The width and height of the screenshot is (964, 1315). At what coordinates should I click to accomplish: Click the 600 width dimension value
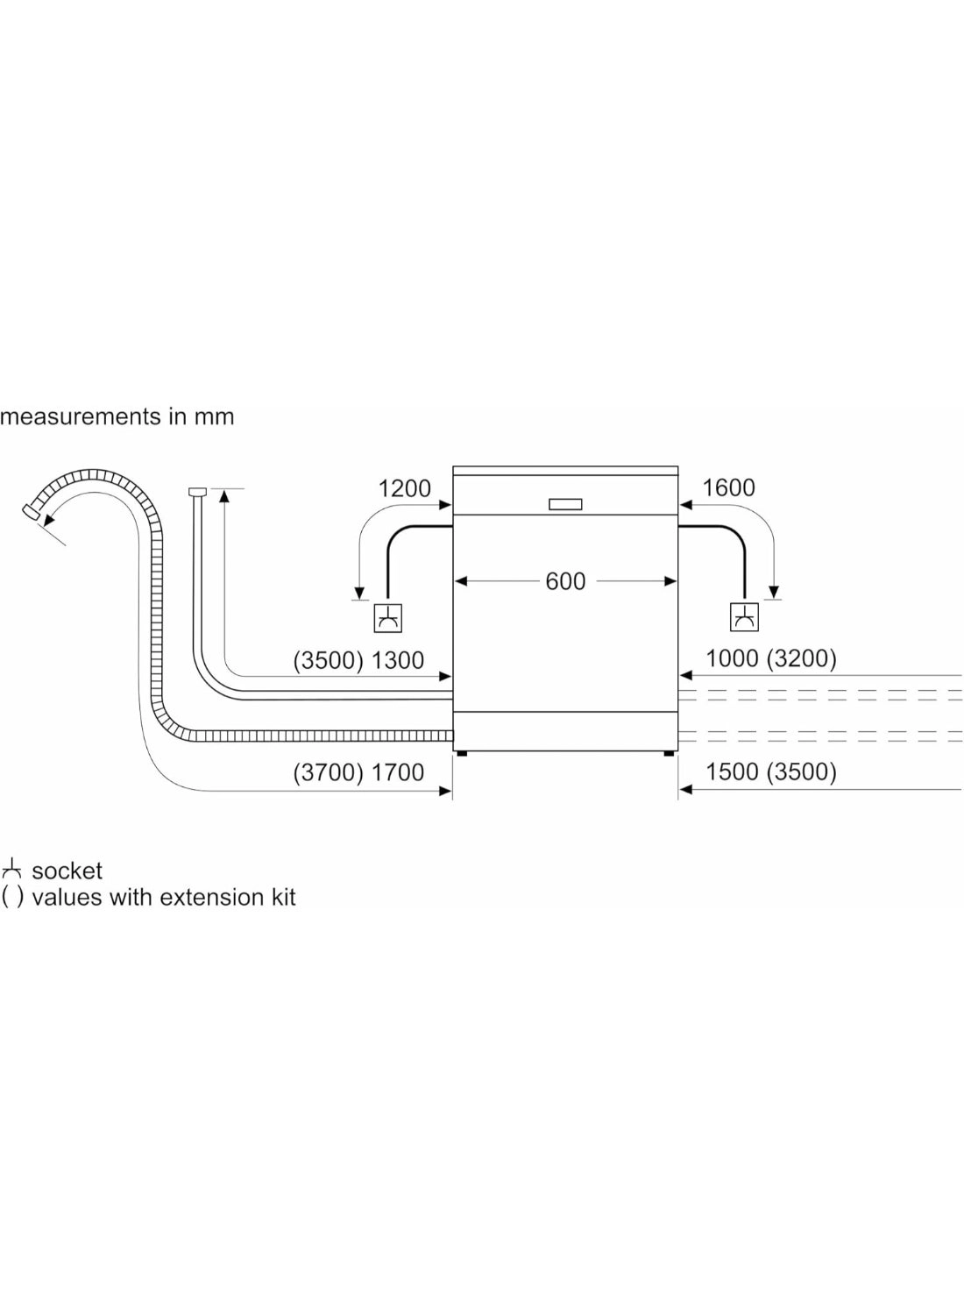[x=565, y=581]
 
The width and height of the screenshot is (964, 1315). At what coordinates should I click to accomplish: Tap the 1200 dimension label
[x=404, y=488]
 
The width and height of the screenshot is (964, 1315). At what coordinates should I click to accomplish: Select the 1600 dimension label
[x=729, y=487]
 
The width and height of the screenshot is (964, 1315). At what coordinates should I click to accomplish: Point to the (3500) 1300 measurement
[x=358, y=660]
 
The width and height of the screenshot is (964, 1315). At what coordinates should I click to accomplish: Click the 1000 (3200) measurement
[x=770, y=658]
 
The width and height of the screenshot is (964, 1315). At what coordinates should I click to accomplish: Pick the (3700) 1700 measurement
[x=358, y=772]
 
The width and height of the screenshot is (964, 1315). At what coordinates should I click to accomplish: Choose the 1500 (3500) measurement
[x=770, y=771]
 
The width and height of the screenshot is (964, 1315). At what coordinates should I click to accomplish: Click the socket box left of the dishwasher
[x=388, y=618]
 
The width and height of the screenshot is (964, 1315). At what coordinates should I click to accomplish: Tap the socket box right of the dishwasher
[x=744, y=617]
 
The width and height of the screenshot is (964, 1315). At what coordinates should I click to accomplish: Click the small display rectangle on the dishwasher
[x=565, y=504]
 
